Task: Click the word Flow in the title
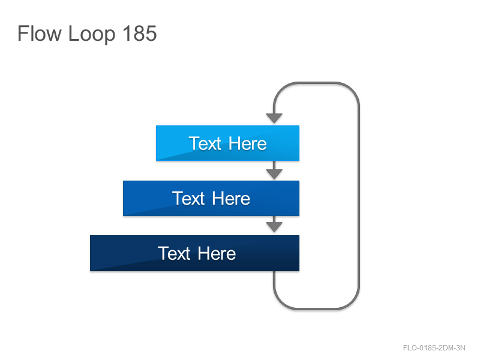(39, 33)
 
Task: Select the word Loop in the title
(92, 34)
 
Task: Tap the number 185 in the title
(140, 33)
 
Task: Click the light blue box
(227, 143)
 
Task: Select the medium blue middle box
(211, 198)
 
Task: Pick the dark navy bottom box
(194, 253)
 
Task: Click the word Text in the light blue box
(205, 143)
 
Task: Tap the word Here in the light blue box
(248, 143)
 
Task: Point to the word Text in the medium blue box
(188, 199)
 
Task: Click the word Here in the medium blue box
(231, 199)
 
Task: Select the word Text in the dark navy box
(174, 253)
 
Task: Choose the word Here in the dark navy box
(217, 253)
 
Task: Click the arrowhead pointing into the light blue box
(274, 118)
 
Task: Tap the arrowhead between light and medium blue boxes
(274, 174)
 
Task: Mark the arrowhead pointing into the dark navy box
(274, 227)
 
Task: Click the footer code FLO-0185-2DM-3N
(434, 348)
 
